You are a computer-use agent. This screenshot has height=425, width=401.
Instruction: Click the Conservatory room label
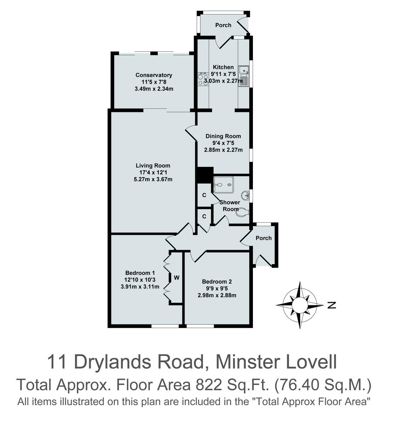pos(154,75)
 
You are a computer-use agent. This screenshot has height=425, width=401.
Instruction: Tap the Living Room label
pos(153,165)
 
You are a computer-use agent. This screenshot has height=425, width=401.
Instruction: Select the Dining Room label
pos(223,136)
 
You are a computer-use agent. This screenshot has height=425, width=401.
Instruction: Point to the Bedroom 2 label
pos(217,282)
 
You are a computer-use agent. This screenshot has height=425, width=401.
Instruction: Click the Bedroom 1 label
pos(140,273)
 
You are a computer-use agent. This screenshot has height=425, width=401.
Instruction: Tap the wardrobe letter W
pos(176,278)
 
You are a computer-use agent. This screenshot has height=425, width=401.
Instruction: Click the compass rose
pos(300,305)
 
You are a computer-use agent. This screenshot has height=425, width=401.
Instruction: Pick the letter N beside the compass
pos(332,305)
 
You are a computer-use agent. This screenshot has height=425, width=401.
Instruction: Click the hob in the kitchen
pos(203,79)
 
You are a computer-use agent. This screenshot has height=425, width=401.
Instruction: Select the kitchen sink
pos(244,76)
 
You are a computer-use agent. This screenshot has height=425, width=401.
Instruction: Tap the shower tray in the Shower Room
pos(224,185)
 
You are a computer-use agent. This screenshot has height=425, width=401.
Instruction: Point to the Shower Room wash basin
pos(245,195)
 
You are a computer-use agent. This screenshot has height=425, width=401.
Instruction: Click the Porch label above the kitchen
pos(223,25)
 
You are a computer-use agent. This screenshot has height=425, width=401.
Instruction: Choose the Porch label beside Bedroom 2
pos(264,238)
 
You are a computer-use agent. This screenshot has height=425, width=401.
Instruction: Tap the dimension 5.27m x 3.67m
pos(153,179)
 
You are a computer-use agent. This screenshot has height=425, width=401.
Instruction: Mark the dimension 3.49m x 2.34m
pos(154,89)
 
